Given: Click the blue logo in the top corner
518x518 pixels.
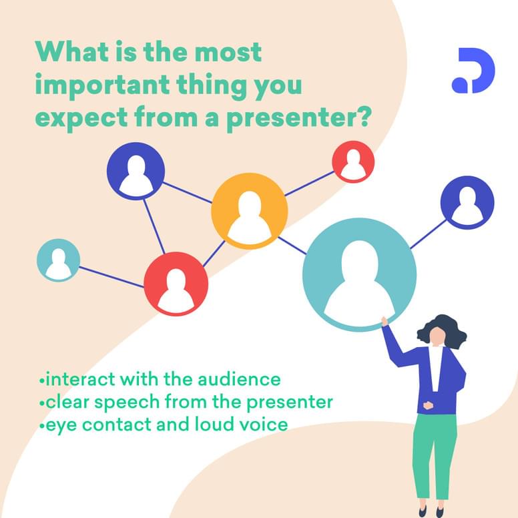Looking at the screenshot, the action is tap(473, 70).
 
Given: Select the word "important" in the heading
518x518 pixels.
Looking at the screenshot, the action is tap(102, 86).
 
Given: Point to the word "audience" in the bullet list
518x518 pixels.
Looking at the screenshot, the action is tap(239, 379).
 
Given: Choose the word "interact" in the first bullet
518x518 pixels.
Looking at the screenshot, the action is tap(80, 379).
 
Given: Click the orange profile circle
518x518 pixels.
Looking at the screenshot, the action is tap(250, 211).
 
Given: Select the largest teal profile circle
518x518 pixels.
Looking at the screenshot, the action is tap(359, 274).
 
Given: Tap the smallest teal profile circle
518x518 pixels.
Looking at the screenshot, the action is tap(59, 260).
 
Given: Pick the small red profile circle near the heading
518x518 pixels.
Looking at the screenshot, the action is tap(353, 162).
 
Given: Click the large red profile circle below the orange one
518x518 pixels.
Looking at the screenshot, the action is tap(176, 284).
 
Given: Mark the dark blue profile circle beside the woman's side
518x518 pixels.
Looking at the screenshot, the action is tap(467, 202).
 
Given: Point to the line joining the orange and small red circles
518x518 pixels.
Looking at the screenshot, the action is tap(309, 184).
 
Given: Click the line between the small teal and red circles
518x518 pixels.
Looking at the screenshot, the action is tap(111, 277).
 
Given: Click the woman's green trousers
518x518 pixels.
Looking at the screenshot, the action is tap(435, 456).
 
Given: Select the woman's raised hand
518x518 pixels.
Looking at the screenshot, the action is tap(384, 321).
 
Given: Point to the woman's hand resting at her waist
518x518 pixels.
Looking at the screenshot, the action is tap(428, 405).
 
